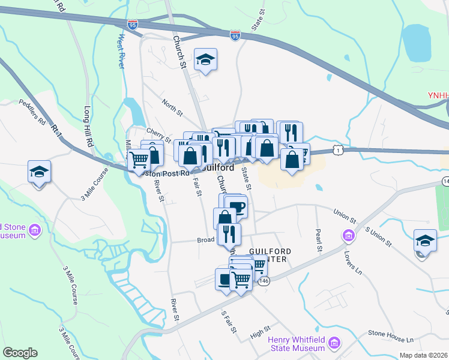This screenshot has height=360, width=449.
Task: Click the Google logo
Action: click(20, 353)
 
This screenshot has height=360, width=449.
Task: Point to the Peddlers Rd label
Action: click(32, 112)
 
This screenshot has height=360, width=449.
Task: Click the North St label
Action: click(172, 106)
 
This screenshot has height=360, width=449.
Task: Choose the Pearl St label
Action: click(319, 239)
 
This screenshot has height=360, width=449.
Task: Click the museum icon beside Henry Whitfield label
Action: click(334, 344)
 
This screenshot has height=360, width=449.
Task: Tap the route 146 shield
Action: click(264, 280)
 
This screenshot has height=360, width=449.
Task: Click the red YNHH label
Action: click(438, 95)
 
